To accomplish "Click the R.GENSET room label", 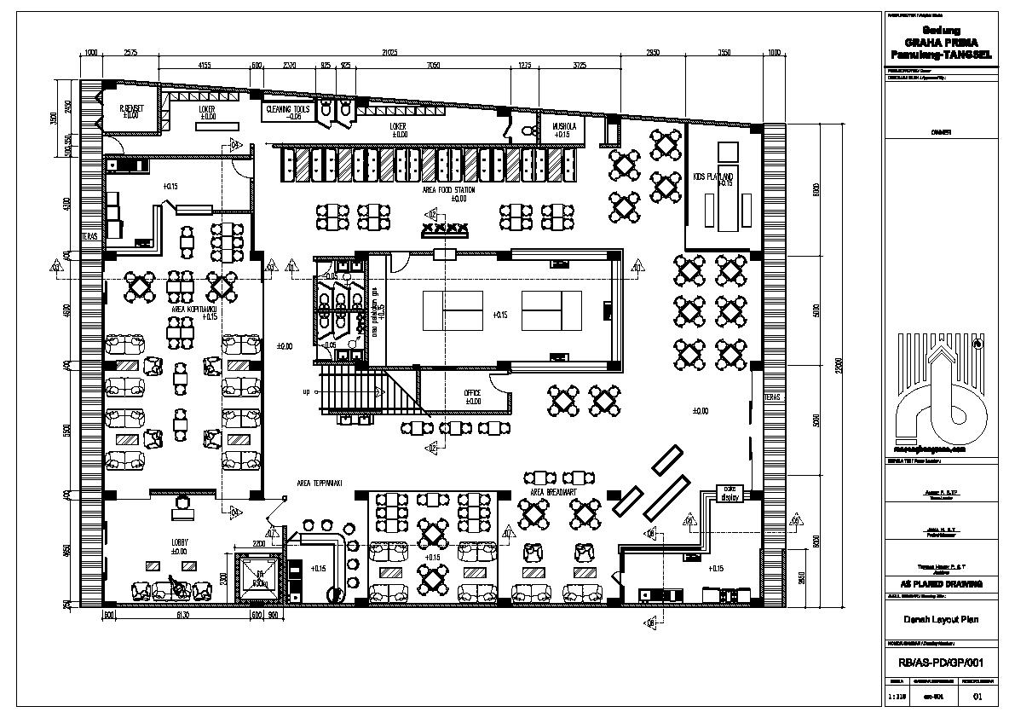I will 130,110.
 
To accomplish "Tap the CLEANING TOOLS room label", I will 288,110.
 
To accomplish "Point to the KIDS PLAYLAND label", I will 713,177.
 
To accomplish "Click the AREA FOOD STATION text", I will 447,190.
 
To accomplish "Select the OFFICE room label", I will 472,394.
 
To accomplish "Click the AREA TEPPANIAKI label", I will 320,483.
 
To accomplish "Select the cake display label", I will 729,494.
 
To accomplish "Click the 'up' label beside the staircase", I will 305,392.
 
